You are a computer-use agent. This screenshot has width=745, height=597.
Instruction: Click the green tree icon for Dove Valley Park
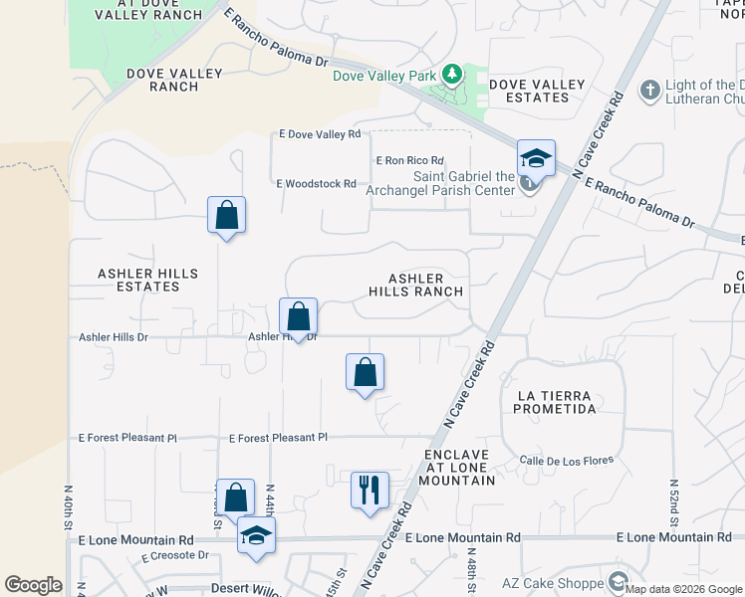click(452, 74)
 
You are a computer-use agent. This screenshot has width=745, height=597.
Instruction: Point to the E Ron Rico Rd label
click(408, 160)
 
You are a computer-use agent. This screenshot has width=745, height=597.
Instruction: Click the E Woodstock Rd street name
click(316, 183)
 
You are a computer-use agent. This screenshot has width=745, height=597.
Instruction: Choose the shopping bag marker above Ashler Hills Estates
click(227, 214)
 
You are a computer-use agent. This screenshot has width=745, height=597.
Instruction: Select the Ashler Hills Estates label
click(147, 280)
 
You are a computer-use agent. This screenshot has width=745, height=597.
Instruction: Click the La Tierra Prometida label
click(556, 402)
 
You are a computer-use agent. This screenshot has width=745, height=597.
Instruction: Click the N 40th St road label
click(69, 507)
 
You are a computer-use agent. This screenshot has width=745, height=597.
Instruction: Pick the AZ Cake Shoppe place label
click(565, 582)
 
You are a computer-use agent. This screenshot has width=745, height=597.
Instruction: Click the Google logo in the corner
click(33, 585)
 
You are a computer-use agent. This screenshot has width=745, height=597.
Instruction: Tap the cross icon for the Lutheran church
click(650, 91)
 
